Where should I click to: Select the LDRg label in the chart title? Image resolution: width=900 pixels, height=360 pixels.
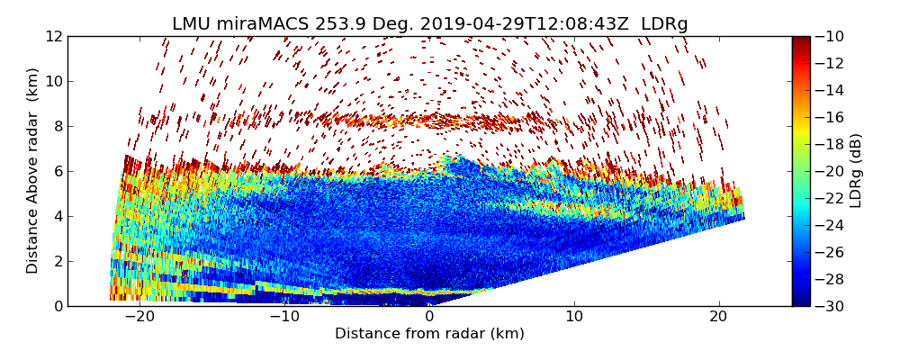coord(664,24)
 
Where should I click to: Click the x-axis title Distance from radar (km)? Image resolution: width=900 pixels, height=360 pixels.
coord(429,334)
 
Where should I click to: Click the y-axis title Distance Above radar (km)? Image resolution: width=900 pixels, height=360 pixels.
coord(32,171)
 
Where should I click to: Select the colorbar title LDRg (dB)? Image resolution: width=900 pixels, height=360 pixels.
coord(856,171)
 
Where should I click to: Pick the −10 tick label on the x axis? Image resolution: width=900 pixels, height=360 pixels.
coord(284,317)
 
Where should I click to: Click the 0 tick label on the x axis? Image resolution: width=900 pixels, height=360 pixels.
coord(429,317)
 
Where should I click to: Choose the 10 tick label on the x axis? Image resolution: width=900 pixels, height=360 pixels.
coord(574,317)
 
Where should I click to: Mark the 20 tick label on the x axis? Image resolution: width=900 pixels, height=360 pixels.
coord(718,317)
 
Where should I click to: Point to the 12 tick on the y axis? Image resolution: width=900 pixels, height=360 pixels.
coord(54,36)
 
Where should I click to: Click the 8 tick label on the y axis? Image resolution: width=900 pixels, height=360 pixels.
coord(58,126)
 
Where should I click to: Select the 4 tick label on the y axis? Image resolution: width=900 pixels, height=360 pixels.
coord(58,216)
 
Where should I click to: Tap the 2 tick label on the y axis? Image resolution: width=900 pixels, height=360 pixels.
coord(58,261)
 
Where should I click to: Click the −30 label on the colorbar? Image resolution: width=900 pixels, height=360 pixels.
coord(831,306)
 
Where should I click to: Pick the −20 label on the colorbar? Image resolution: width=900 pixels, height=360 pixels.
coord(831,171)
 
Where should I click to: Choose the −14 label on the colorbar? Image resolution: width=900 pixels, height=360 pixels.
coord(831,90)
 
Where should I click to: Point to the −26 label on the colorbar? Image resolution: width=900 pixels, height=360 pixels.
coord(831,252)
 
